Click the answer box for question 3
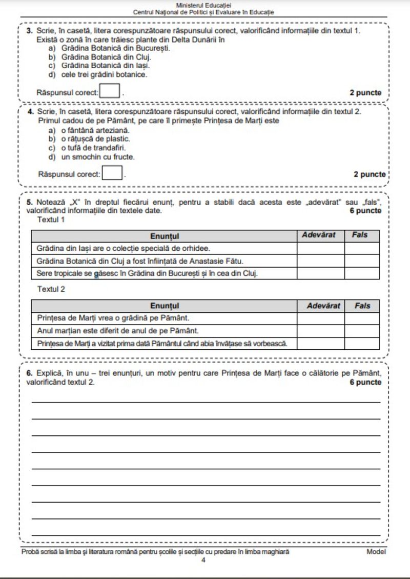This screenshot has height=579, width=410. point(110,92)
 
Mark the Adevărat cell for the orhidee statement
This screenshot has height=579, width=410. point(320,248)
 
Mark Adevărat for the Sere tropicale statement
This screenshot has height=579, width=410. point(320,273)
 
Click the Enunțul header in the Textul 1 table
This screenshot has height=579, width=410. point(164,236)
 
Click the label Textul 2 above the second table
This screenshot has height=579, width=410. point(51,289)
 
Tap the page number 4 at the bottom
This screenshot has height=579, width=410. point(203,560)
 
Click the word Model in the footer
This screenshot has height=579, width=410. point(376,552)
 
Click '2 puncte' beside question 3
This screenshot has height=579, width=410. point(365,93)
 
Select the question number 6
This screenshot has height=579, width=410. point(29,373)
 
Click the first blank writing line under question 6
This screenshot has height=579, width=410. point(206,402)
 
